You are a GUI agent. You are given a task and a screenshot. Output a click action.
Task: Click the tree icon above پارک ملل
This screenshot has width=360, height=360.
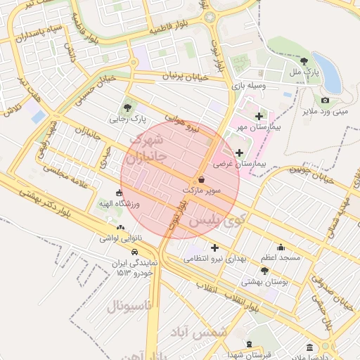click(x=303, y=62)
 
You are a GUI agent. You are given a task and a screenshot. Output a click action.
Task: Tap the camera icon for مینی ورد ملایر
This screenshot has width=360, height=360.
click(x=325, y=101)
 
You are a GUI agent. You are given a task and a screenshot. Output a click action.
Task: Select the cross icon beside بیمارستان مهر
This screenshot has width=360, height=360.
click(x=259, y=116)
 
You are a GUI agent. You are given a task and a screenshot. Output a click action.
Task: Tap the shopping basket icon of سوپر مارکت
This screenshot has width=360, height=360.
click(x=202, y=179)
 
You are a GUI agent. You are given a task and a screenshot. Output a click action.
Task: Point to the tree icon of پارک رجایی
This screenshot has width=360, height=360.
click(x=127, y=108)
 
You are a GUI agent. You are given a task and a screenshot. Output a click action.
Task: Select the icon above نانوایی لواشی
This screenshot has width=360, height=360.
click(x=120, y=228)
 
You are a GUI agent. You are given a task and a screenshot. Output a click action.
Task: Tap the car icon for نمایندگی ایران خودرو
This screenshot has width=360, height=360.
click(x=134, y=252)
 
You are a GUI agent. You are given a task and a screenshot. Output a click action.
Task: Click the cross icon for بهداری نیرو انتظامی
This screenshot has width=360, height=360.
click(x=214, y=247)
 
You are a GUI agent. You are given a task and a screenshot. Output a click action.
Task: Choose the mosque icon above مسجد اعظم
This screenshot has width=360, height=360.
click(x=281, y=247)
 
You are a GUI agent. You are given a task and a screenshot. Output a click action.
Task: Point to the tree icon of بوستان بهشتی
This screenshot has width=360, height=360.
click(x=264, y=271)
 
